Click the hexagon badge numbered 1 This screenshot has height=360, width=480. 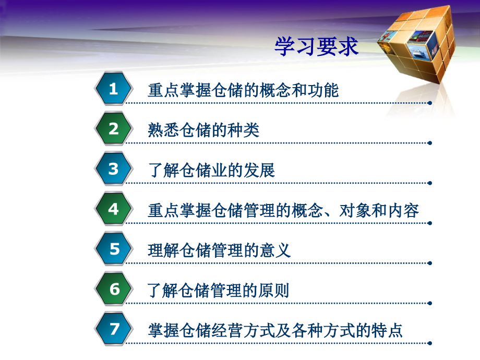(x=113, y=89)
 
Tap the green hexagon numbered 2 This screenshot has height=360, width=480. (x=113, y=129)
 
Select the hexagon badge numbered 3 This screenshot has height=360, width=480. (x=113, y=169)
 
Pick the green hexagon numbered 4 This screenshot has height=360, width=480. (x=113, y=209)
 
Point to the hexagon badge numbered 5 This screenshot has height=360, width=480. (x=114, y=249)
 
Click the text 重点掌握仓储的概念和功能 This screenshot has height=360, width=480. (x=243, y=90)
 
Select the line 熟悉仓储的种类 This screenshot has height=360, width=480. (x=203, y=130)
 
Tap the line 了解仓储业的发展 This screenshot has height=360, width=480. (x=211, y=171)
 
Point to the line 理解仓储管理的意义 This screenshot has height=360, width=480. (x=219, y=250)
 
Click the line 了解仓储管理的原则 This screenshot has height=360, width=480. (x=219, y=291)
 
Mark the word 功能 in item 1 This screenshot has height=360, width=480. (x=323, y=90)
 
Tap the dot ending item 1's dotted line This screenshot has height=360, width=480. (x=430, y=103)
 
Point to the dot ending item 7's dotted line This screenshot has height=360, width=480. (x=430, y=343)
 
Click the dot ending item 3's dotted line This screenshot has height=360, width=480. (x=430, y=183)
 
